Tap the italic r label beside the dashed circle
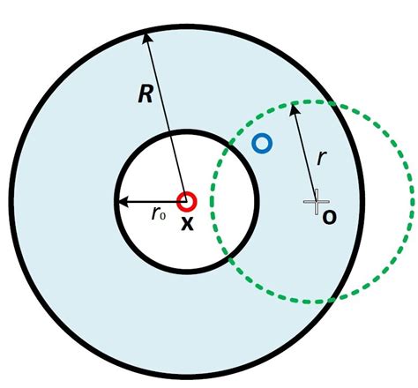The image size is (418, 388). tap(323, 160)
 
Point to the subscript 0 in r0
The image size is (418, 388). tap(164, 216)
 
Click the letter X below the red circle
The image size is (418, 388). tap(187, 224)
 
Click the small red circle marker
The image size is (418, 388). tap(186, 201)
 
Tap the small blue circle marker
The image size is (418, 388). tap(261, 143)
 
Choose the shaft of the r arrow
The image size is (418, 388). tap(305, 154)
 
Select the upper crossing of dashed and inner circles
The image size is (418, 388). tap(231, 145)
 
